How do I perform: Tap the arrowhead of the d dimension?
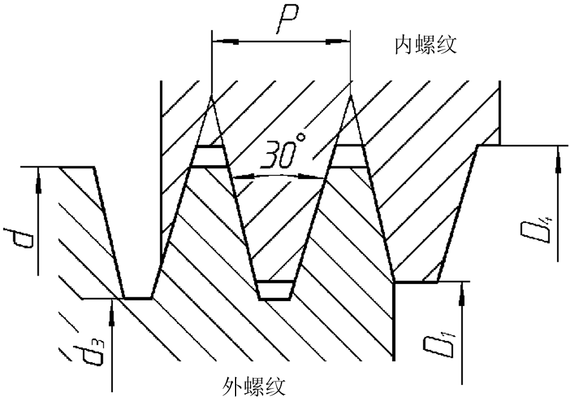point(38,176)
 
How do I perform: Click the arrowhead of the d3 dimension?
point(112,308)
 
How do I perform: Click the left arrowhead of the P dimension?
point(225,42)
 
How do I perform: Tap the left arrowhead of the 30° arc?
point(241,178)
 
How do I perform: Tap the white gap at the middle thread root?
point(275,290)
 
